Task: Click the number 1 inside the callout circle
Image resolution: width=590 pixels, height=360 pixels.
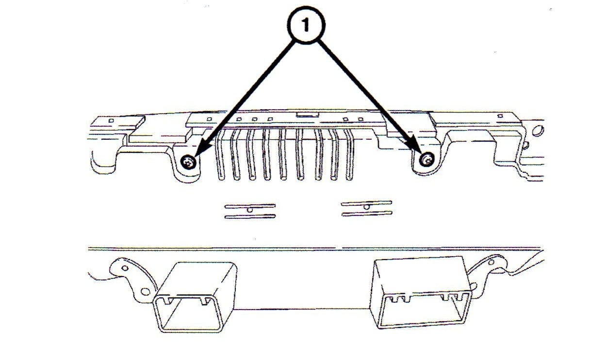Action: [x=305, y=26]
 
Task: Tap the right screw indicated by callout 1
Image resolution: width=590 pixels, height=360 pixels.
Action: [x=426, y=159]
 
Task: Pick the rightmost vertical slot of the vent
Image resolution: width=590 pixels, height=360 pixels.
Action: [x=349, y=154]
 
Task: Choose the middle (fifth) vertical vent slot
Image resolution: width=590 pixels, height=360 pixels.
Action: [x=284, y=154]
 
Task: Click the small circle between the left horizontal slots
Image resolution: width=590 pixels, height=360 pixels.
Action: [x=250, y=210]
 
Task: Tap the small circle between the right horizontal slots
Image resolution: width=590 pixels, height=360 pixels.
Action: [x=366, y=208]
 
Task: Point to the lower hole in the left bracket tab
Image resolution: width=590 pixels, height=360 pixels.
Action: [x=145, y=292]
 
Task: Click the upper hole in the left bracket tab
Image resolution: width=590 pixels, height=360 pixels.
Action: [x=125, y=267]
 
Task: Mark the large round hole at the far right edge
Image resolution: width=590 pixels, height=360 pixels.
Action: [x=537, y=130]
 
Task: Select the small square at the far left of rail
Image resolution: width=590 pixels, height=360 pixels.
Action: [x=111, y=120]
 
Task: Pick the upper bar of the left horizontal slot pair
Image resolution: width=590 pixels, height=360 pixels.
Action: [x=250, y=206]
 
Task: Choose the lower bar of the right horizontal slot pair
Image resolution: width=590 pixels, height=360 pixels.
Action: [x=366, y=213]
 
